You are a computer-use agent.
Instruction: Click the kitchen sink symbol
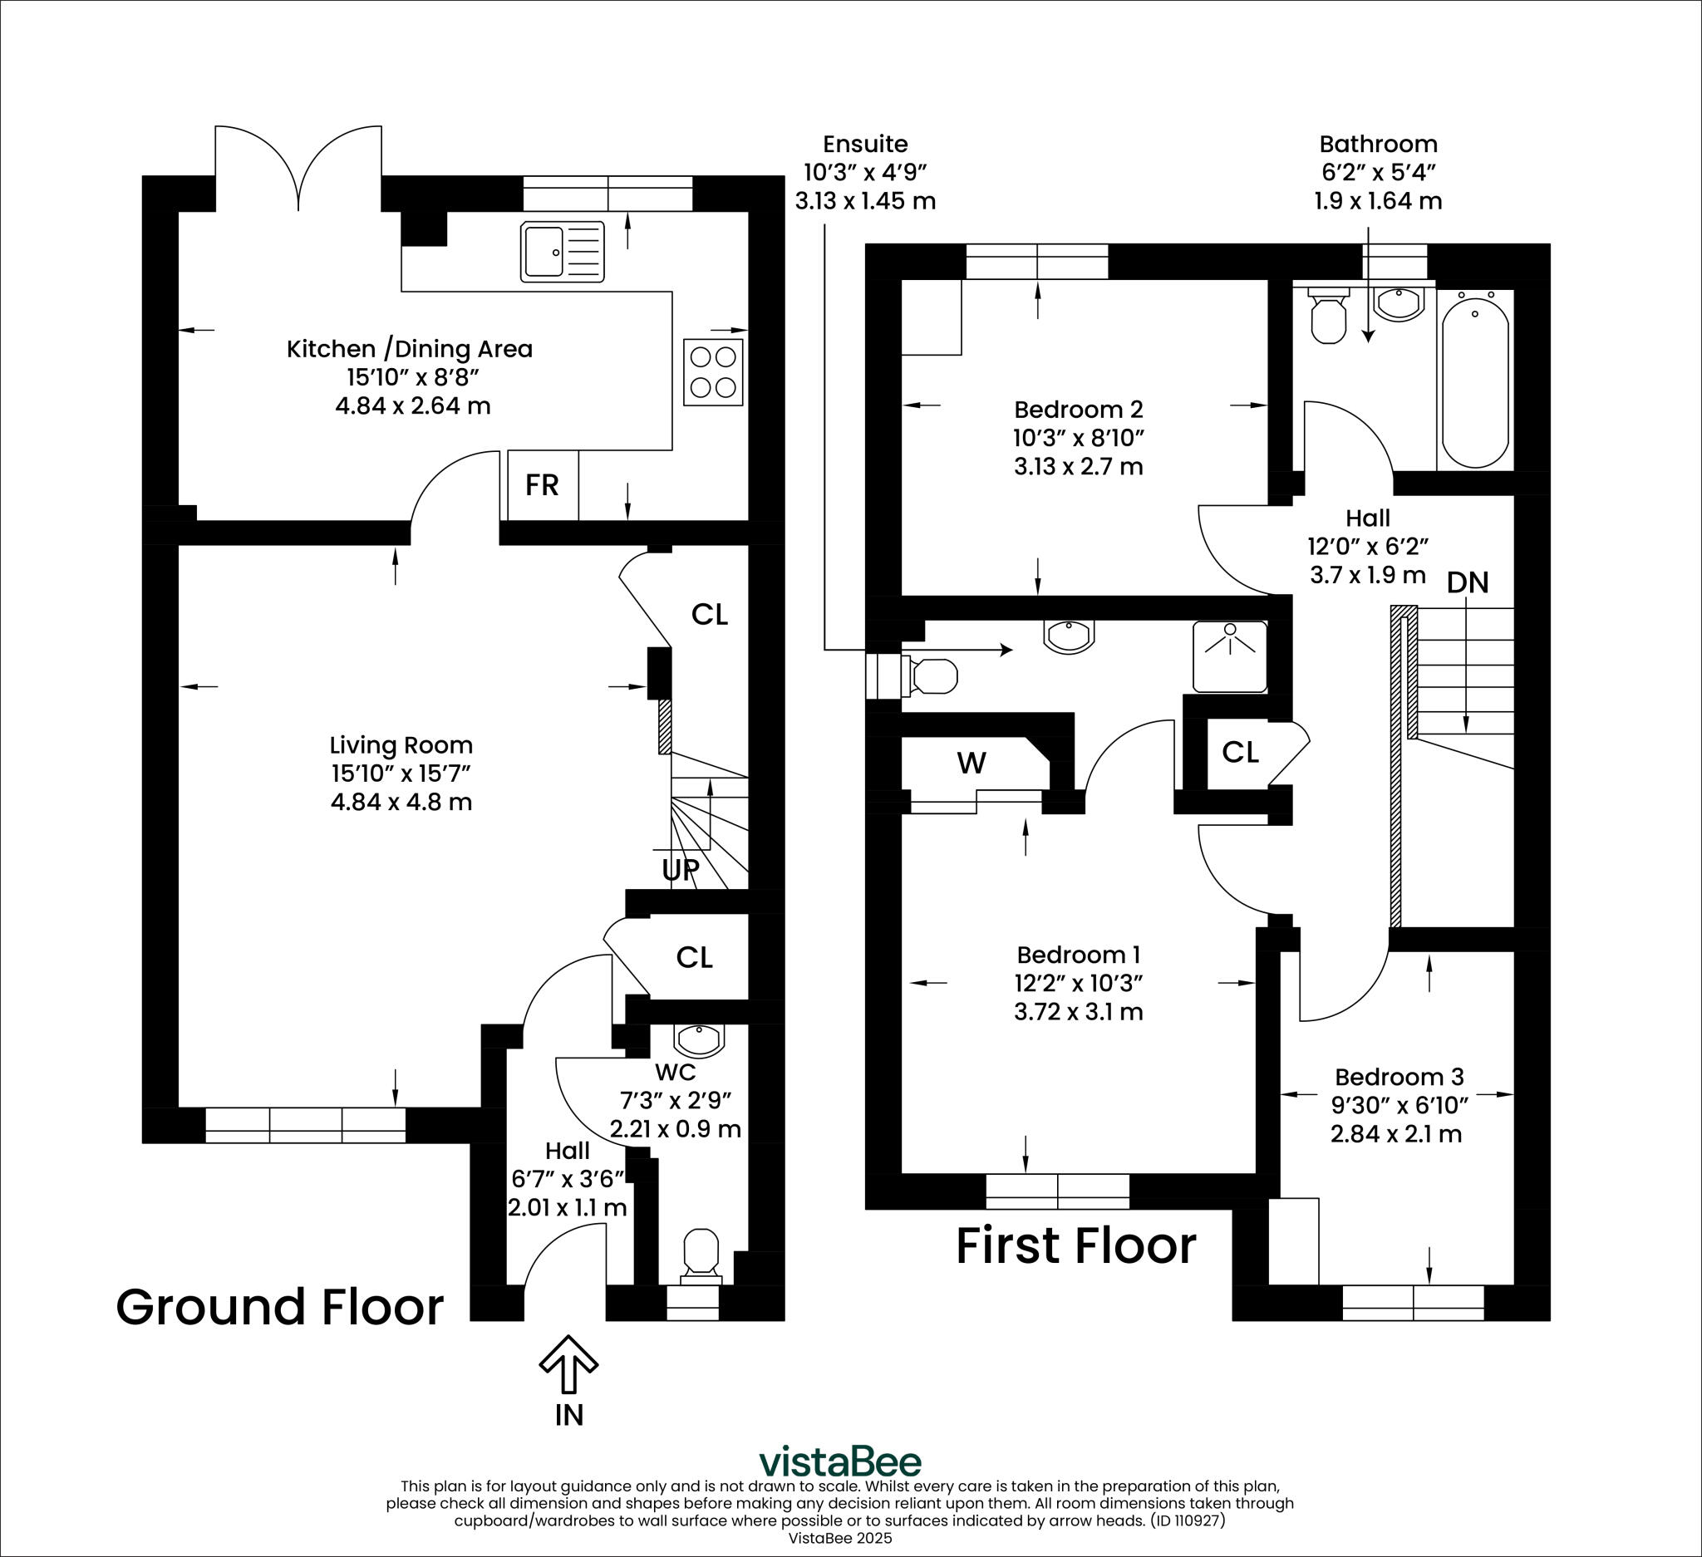click(x=563, y=251)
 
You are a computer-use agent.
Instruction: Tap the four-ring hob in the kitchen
click(x=713, y=372)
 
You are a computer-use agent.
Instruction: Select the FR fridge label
click(x=542, y=485)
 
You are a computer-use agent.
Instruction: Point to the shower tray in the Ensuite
click(x=1229, y=656)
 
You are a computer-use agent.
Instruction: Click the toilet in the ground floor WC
click(x=701, y=1252)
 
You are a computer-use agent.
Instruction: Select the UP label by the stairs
click(x=681, y=870)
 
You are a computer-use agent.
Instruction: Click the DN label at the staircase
click(x=1468, y=582)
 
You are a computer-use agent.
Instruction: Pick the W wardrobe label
click(x=971, y=763)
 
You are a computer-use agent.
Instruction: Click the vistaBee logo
click(x=840, y=1461)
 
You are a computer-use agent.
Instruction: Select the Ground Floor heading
click(x=279, y=1307)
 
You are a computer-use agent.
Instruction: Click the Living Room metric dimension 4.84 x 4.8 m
click(x=401, y=801)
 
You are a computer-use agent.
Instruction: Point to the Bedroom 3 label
click(x=1399, y=1077)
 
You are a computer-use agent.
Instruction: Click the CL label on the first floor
click(x=1239, y=752)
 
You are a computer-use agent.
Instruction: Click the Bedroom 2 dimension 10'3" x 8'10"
click(x=1078, y=437)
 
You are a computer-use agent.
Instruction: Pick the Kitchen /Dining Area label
click(x=410, y=348)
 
